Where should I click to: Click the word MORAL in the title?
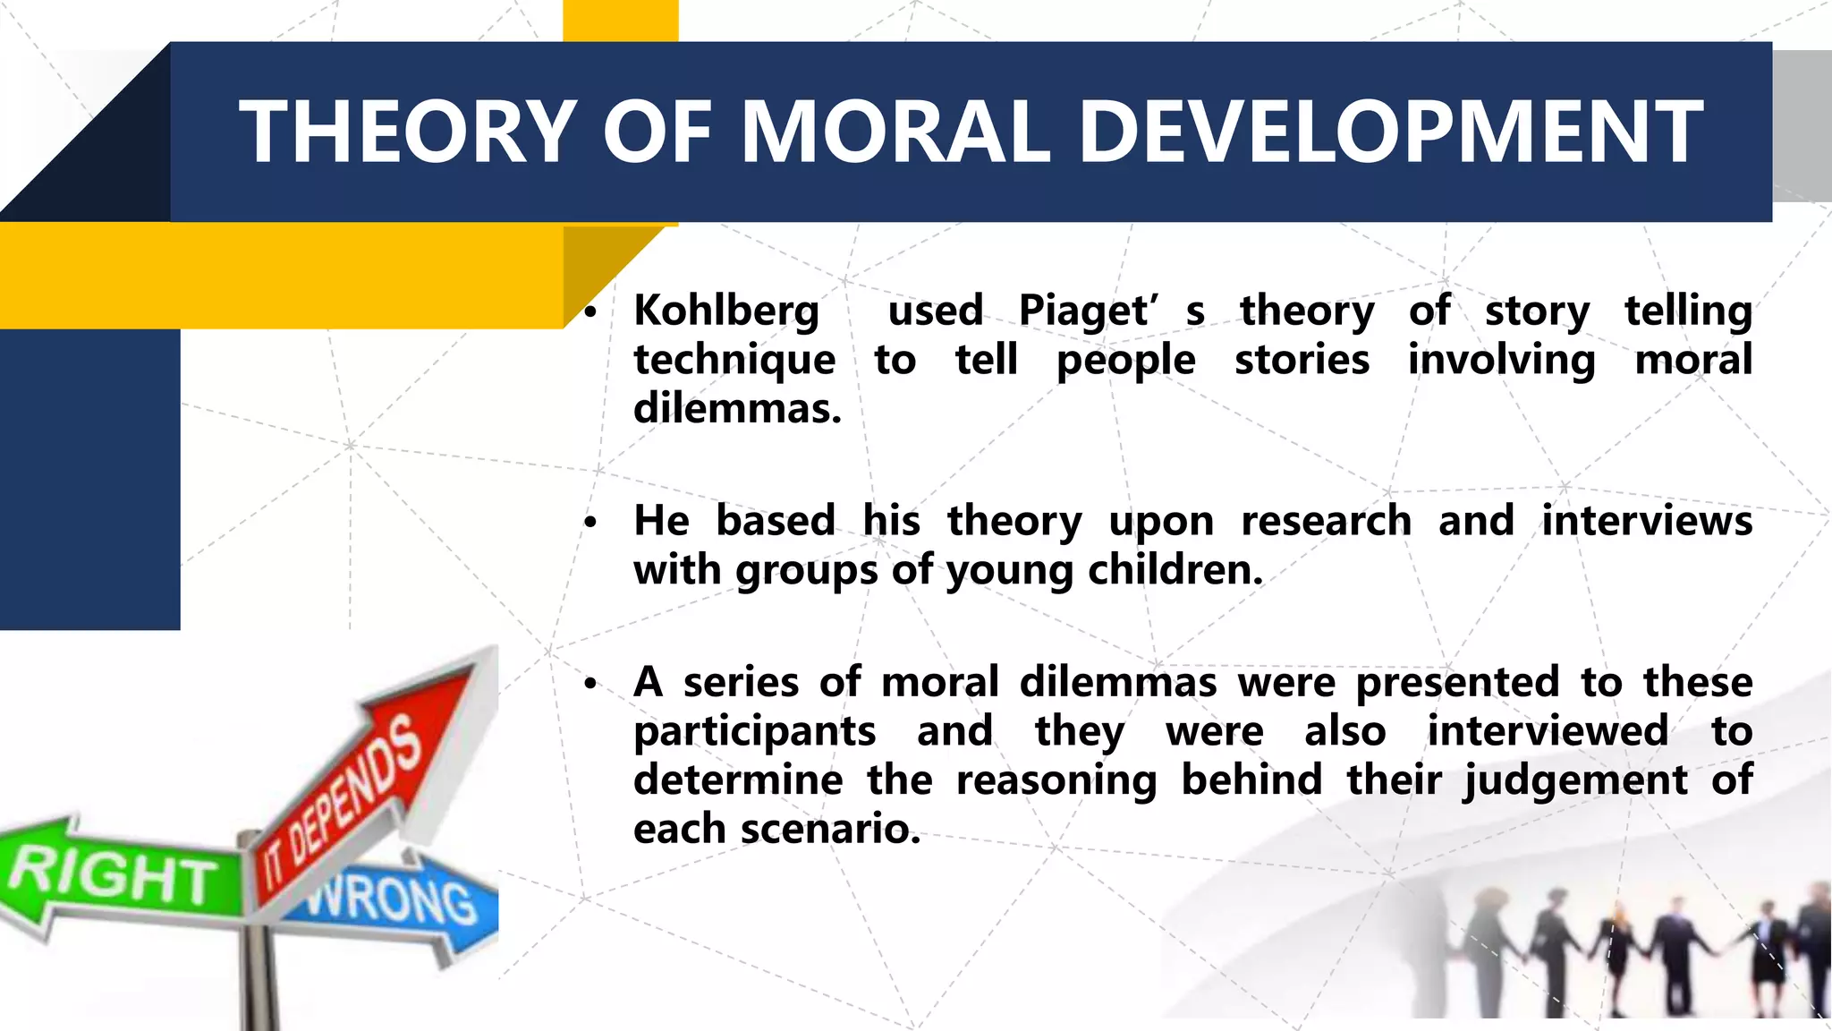tap(895, 132)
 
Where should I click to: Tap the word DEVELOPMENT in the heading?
tap(1391, 132)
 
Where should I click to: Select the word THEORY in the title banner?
tap(407, 132)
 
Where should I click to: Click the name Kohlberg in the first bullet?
tap(726, 312)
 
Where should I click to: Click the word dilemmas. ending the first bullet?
tap(737, 409)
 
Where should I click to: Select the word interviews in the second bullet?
tap(1646, 521)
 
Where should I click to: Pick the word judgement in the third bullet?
tap(1575, 781)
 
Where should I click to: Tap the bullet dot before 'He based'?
tap(589, 523)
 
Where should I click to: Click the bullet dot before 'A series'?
tap(589, 685)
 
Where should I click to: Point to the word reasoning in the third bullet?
tap(1056, 780)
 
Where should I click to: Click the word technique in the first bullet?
tap(734, 361)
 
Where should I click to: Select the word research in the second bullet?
tap(1326, 521)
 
